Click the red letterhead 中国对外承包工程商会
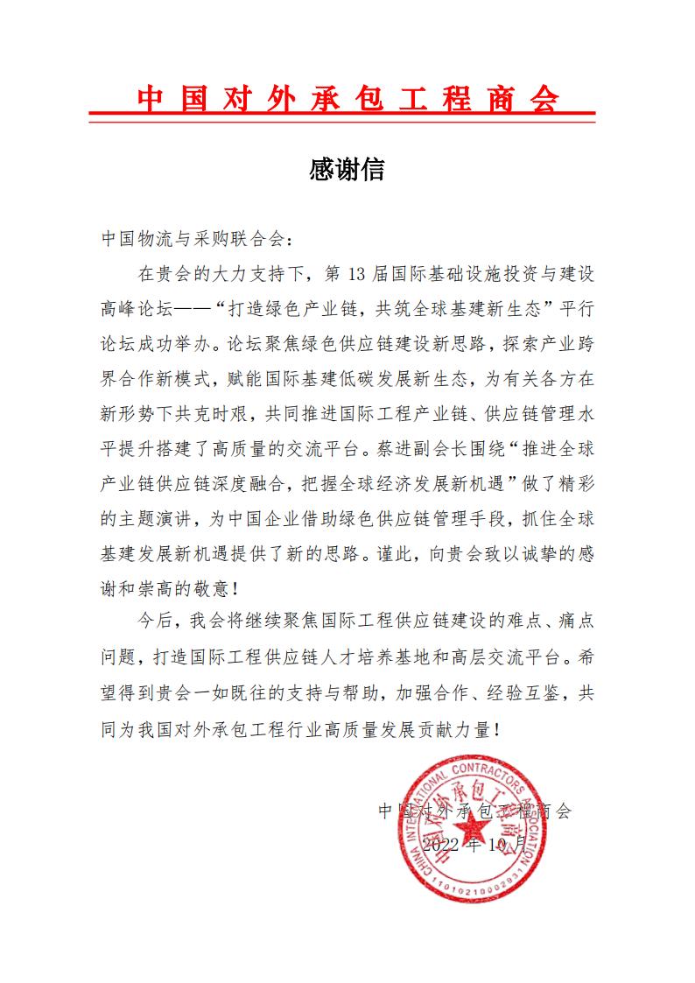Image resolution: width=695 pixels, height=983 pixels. point(347,99)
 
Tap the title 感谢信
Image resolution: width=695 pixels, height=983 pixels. point(347,168)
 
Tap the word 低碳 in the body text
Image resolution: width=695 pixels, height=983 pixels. point(383,382)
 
